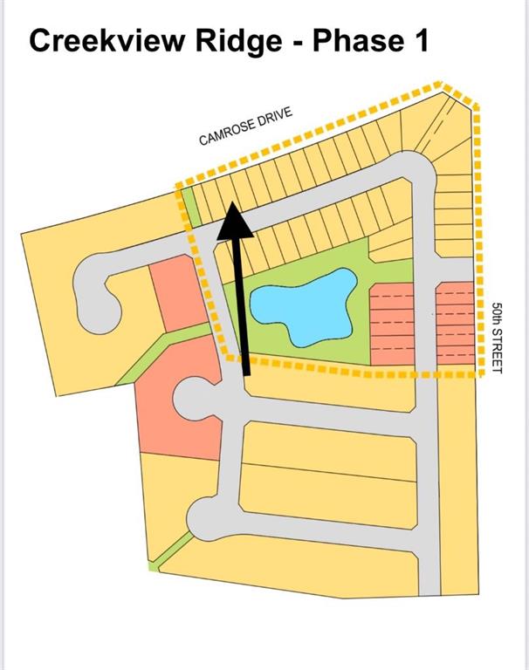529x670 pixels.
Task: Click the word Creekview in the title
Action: (107, 41)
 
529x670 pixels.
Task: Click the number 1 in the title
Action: (422, 41)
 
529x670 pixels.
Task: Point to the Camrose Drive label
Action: (246, 126)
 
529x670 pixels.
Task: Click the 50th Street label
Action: (497, 338)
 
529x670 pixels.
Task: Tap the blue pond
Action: (305, 304)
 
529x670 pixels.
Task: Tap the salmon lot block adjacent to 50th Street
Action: (455, 323)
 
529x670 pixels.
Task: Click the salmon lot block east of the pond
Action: (392, 324)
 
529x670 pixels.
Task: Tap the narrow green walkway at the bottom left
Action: (171, 551)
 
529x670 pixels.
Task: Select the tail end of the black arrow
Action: (246, 374)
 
